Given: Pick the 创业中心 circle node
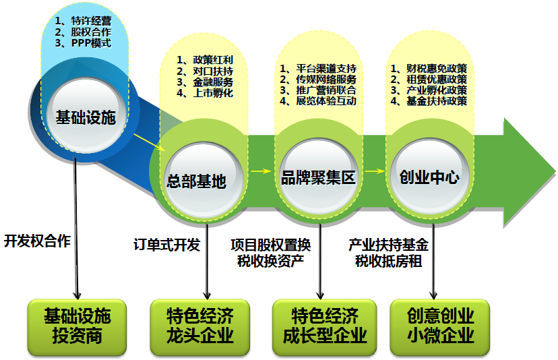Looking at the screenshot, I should tap(429, 176).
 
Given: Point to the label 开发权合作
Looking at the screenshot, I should tap(37, 241).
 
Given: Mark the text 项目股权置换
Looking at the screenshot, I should tap(271, 245).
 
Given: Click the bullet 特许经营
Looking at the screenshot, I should tap(86, 20).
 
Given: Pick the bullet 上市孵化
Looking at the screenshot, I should tap(204, 93).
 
